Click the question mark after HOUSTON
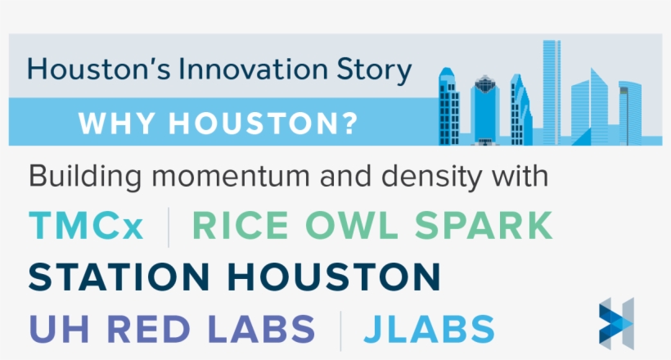coord(349,124)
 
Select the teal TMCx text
coord(86,227)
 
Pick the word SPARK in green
coord(482,227)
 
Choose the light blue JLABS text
coord(430,329)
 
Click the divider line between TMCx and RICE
coord(169,227)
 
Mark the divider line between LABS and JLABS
coord(340,329)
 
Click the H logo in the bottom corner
coord(615,322)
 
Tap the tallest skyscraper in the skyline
coord(551,90)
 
